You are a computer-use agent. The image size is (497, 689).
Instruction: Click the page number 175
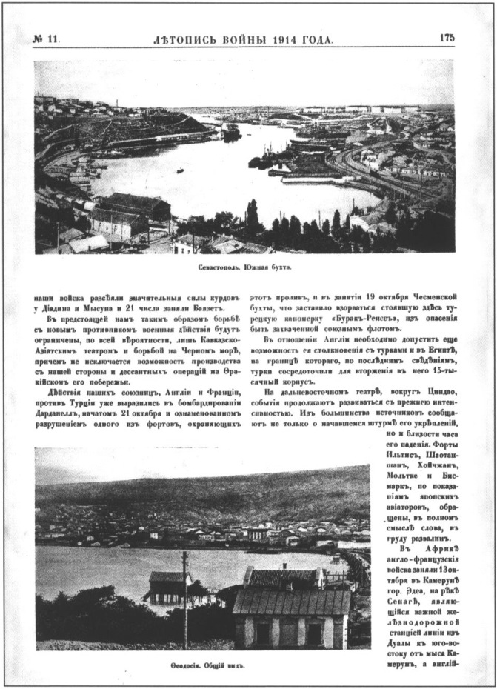pyautogui.click(x=447, y=37)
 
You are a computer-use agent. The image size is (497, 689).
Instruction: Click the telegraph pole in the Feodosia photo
pyautogui.click(x=184, y=600)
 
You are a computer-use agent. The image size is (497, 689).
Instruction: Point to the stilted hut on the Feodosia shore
pyautogui.click(x=167, y=585)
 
